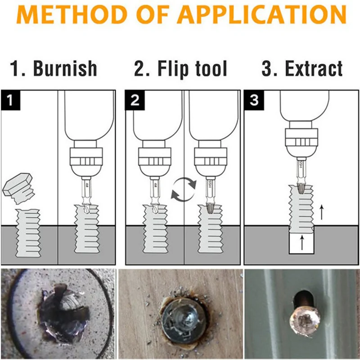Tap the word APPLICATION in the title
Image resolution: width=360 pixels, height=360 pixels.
[x=261, y=14]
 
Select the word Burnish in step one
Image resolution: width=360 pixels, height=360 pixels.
[x=65, y=68]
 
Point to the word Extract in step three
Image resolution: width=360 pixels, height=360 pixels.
[x=314, y=68]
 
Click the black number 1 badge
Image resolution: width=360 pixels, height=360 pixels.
[x=10, y=100]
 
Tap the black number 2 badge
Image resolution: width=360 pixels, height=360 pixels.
[x=135, y=100]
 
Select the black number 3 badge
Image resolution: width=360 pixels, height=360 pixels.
[x=254, y=100]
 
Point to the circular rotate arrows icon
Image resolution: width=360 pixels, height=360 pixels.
[x=184, y=189]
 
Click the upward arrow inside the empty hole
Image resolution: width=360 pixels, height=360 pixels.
[x=302, y=243]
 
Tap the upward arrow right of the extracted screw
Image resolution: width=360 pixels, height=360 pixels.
[x=322, y=212]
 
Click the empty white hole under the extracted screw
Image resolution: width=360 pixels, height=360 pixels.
[x=301, y=243]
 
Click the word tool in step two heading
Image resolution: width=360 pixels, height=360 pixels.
[x=211, y=68]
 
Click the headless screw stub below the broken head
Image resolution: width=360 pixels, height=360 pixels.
[x=28, y=233]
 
